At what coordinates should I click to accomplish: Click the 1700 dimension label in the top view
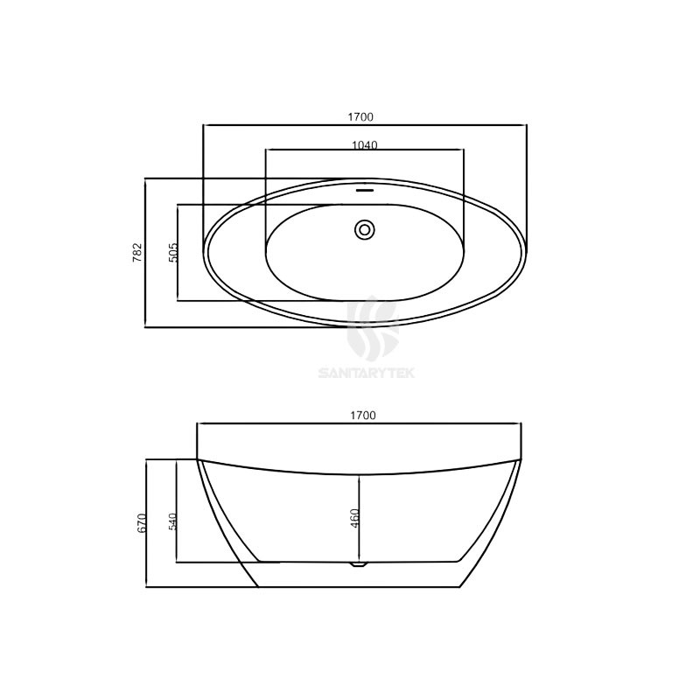364,116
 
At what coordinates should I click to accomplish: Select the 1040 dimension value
364,145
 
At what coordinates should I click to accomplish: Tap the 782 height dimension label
136,252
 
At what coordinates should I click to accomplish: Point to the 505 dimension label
173,252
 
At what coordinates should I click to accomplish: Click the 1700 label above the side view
364,416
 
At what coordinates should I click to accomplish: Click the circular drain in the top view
365,229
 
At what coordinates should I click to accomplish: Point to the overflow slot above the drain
365,187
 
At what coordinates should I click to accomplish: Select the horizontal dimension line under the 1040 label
364,150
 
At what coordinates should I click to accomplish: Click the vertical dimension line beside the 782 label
145,252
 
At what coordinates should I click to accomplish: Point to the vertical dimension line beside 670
148,523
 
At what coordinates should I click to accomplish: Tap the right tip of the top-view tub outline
528,253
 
